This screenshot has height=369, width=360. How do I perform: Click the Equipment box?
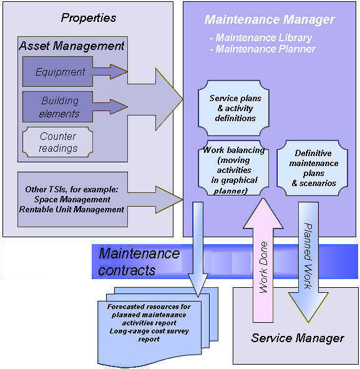coord(57,72)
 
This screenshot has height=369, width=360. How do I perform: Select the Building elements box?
coord(57,107)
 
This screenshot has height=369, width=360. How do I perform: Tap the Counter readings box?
coord(57,142)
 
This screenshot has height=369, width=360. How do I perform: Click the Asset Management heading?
coord(72,46)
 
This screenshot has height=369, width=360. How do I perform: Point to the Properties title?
coord(89,18)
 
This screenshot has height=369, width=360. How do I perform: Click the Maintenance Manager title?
coord(270,19)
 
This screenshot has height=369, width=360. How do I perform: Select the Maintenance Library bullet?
coord(261,37)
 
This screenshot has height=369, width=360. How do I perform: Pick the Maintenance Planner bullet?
coord(263,49)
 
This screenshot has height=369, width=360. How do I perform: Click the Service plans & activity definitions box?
coord(234,108)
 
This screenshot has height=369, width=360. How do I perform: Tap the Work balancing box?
coord(233,168)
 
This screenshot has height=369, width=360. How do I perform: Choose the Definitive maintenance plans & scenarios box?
coord(312,168)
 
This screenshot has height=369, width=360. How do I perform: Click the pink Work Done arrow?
coord(263,260)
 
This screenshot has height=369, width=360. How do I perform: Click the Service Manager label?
coord(298,338)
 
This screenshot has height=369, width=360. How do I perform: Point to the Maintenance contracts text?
coord(139,262)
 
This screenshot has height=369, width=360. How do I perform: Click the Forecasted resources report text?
coord(149,323)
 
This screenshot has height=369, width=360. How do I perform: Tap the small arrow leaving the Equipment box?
coord(110,72)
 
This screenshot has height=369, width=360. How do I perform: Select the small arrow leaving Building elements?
coord(110,107)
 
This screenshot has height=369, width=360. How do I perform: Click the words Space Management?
coord(72,199)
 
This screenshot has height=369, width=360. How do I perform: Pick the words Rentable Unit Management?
coord(72,209)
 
